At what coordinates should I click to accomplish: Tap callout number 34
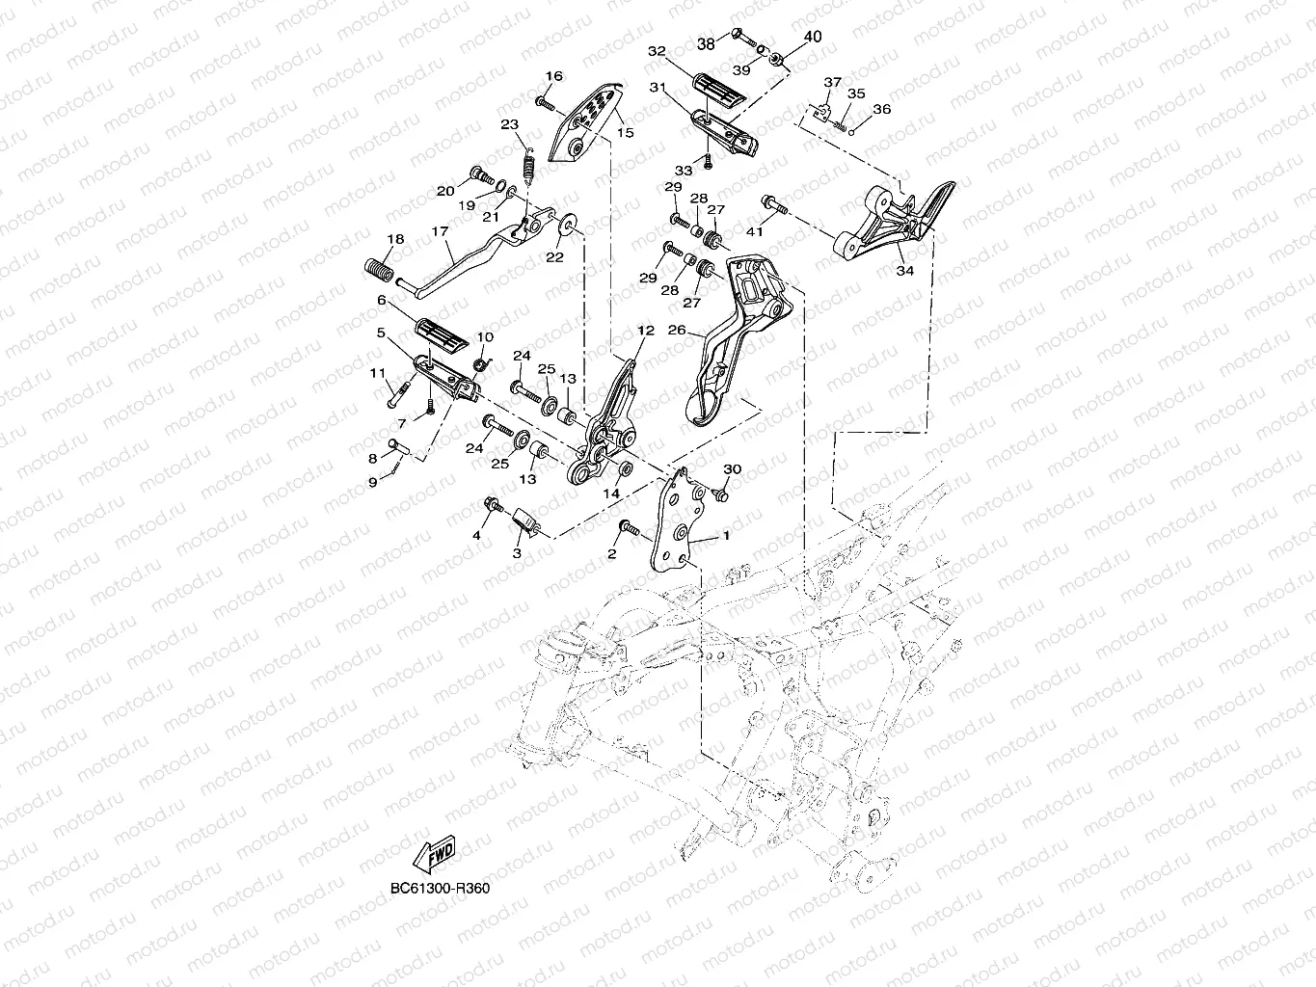903,272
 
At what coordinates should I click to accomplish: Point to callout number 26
677,331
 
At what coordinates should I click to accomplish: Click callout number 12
645,331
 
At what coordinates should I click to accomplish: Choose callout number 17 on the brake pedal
440,231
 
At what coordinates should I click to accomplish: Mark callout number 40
812,38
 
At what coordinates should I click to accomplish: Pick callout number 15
625,132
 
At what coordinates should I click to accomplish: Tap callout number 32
657,51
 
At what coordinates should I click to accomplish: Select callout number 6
381,301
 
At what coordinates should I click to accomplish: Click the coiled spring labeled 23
529,160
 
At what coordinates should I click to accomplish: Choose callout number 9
372,482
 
